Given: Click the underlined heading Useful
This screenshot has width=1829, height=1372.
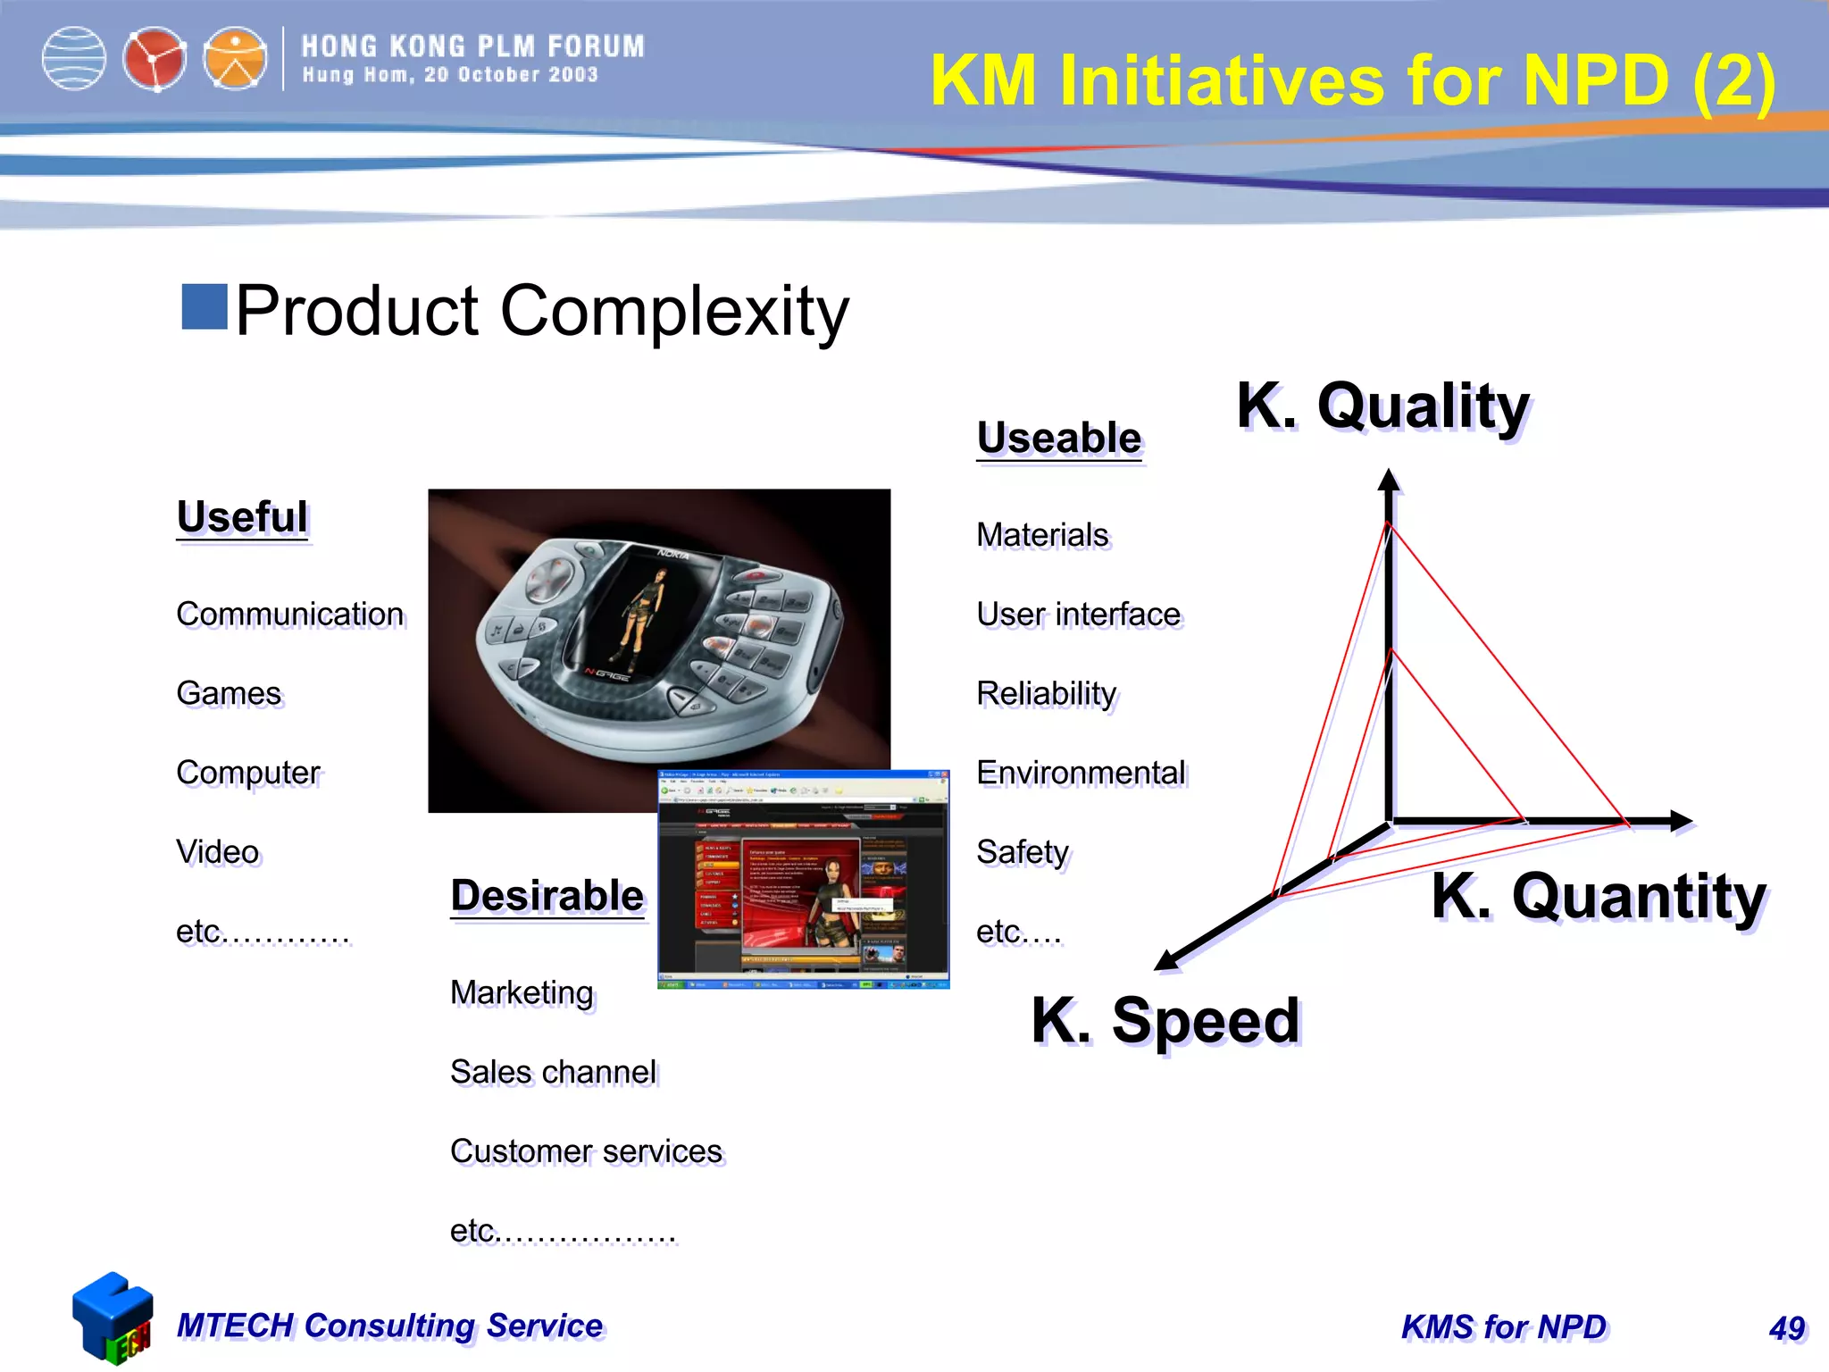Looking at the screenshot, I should pos(242,517).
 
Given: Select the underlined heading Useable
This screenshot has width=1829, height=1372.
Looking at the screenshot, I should pos(1059,438).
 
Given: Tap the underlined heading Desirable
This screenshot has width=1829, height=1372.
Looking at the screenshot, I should pos(547,895).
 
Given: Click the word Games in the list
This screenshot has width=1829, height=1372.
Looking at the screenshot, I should pos(229,693).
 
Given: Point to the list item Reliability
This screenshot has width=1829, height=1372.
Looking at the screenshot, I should pos(1046,693).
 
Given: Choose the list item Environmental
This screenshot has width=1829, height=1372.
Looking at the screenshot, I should pos(1081,773).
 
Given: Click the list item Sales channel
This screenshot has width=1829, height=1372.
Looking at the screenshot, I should pos(553,1072).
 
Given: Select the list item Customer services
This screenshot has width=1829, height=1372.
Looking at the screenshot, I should pos(586,1151).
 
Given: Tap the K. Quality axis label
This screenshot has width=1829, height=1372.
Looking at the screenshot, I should pos(1382,406).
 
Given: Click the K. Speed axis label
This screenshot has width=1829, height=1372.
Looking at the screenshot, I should pos(1165,1020).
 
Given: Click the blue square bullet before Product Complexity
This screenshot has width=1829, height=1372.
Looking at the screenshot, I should pos(205,307).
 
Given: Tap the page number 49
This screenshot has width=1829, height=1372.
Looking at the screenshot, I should pos(1786,1328).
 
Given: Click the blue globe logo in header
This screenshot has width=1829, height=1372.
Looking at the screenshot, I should pos(74,59).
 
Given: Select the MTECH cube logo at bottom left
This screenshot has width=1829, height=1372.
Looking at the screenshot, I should pos(112,1318).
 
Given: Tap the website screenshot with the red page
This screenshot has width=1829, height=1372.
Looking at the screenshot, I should pos(803,880).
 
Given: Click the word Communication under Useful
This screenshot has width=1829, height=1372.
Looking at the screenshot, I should pos(289,615).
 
